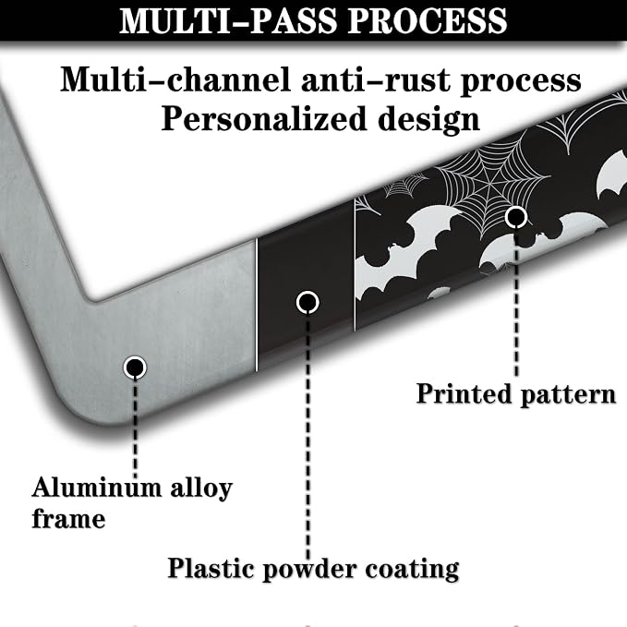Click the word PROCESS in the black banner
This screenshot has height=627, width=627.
coord(428,20)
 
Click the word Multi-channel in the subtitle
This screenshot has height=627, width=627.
coord(175,79)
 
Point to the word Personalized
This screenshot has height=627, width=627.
coord(264,119)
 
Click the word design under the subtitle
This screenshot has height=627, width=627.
coord(428,119)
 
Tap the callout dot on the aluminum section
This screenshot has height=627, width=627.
coord(135,368)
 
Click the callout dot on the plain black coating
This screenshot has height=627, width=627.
coord(307,302)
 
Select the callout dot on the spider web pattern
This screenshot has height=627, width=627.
coord(516,217)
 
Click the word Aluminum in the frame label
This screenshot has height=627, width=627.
coord(97,488)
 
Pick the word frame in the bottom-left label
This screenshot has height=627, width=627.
coord(68,519)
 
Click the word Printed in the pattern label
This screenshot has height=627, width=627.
coord(464,393)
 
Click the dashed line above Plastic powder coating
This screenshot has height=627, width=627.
coord(307,436)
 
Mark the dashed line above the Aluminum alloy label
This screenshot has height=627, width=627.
coord(135,428)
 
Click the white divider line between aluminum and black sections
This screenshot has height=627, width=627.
coord(257,306)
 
